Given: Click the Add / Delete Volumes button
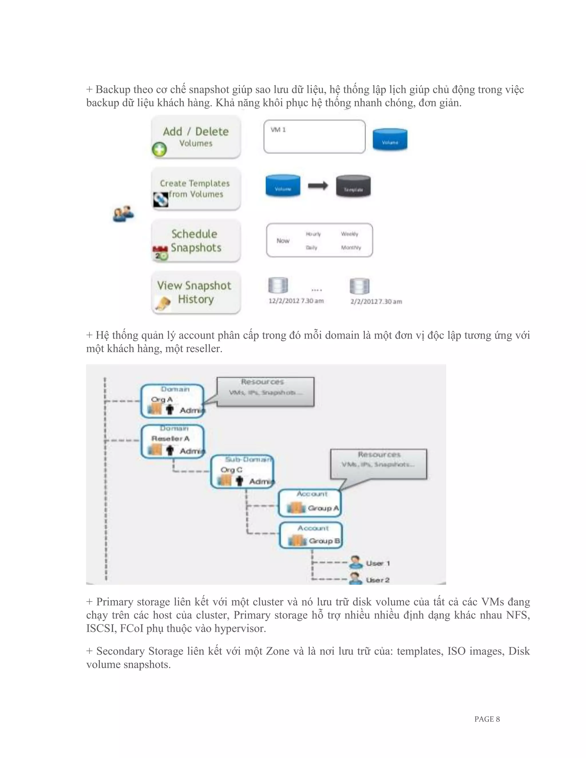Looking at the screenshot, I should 196,137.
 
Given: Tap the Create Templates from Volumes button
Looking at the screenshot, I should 196,189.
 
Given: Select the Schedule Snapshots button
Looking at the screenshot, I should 196,241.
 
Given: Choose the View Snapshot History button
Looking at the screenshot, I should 196,293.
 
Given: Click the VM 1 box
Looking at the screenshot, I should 314,137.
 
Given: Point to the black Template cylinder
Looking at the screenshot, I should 353,186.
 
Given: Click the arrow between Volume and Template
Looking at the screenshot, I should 318,186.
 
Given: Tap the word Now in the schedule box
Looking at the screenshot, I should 283,241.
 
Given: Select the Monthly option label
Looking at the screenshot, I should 351,247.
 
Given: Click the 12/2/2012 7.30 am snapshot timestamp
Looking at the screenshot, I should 296,301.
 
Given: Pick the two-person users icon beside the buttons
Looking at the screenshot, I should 123,214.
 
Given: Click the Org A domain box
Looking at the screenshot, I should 172,400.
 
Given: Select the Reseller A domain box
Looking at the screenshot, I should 173,441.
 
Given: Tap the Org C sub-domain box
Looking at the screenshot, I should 242,472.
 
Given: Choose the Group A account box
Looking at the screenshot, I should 310,503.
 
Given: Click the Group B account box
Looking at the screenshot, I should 311,536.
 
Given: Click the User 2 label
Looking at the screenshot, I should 378,580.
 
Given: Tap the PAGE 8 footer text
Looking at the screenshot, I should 487,719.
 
